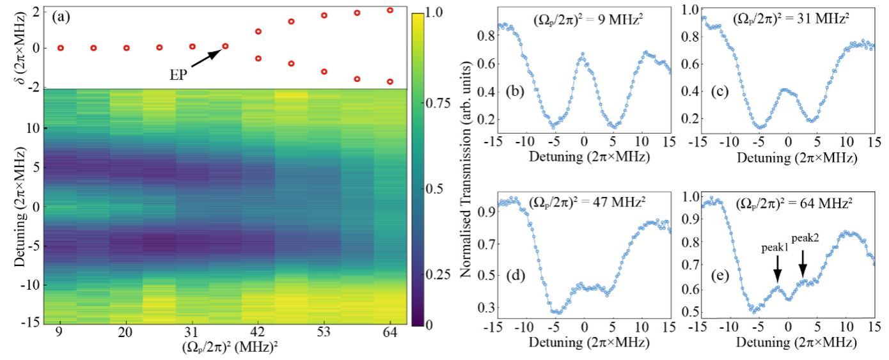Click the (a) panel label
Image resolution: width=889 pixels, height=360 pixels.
click(x=62, y=13)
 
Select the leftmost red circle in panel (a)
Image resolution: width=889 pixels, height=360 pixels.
click(x=61, y=48)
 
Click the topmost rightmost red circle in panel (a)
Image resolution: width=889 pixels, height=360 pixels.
click(x=390, y=10)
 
